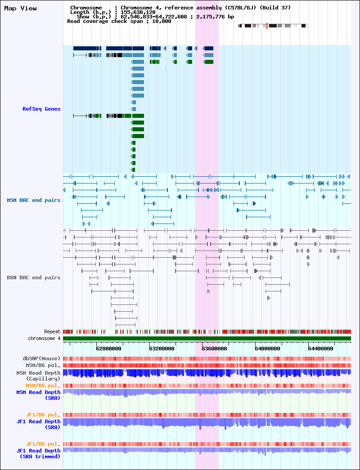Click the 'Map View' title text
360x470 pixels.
[x=20, y=9]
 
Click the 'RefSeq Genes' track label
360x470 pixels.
[x=41, y=109]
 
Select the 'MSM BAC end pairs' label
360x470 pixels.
[x=34, y=200]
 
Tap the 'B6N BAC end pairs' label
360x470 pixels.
[x=34, y=278]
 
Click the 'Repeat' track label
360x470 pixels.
[x=52, y=332]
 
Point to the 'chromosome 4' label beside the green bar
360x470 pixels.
[x=42, y=338]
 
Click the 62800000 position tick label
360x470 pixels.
[x=108, y=349]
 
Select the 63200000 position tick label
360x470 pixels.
[x=162, y=349]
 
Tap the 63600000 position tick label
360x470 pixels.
[x=214, y=349]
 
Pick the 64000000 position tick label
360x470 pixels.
[x=267, y=349]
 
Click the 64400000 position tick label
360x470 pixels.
[x=320, y=349]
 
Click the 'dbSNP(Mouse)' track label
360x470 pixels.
[x=42, y=358]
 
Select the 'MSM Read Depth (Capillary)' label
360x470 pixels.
[x=38, y=376]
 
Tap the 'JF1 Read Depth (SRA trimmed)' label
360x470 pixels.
[x=38, y=453]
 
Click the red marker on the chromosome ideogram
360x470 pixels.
[x=267, y=26]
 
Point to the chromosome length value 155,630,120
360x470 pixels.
[x=138, y=12]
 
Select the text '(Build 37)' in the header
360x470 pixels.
[x=275, y=8]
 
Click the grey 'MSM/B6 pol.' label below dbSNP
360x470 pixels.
[x=43, y=365]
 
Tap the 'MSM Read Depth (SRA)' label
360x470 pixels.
[x=38, y=395]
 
